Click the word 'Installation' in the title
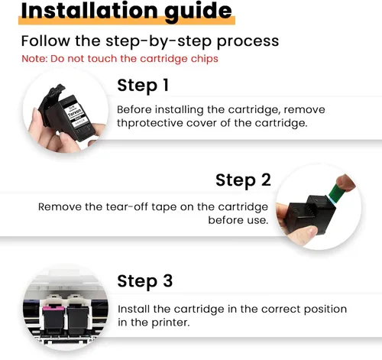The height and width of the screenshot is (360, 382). tap(89, 11)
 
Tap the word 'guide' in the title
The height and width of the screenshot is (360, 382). tap(198, 12)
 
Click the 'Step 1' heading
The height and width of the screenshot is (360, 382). tap(143, 86)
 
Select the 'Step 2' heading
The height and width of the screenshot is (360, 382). tap(243, 180)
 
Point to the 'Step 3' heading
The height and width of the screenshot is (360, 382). tap(145, 281)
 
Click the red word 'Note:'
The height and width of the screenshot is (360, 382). tap(34, 59)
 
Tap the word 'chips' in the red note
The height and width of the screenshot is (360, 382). tap(205, 59)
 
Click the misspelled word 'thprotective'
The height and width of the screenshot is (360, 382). tap(150, 123)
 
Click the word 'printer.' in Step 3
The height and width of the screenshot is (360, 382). tap(171, 323)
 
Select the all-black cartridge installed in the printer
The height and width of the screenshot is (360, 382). tap(78, 320)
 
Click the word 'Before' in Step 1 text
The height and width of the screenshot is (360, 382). tap(134, 110)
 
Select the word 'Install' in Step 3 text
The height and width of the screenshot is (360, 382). tap(134, 309)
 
